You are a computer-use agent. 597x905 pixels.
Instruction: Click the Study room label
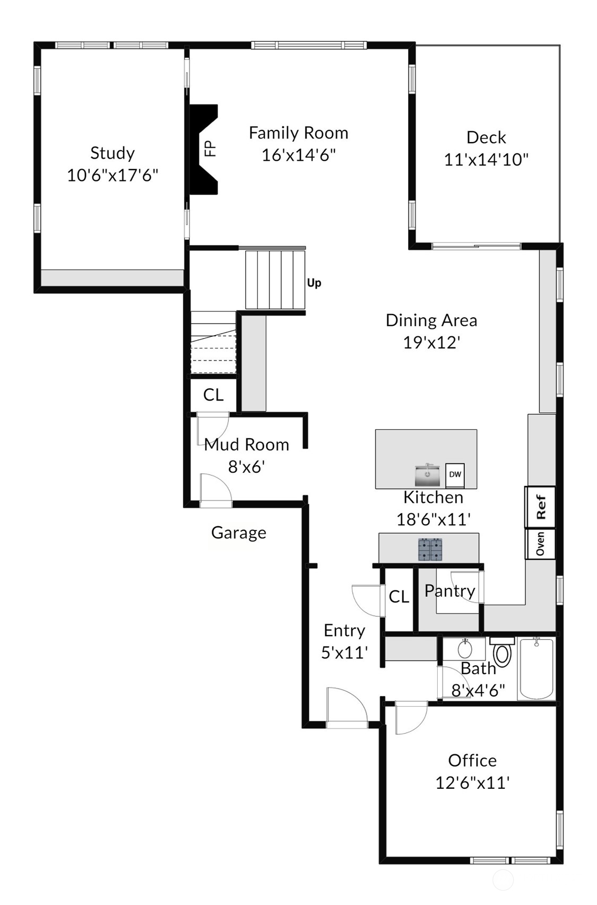tap(113, 153)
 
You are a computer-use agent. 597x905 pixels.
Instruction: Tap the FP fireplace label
tap(211, 149)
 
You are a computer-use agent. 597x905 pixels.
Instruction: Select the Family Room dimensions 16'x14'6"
tap(299, 155)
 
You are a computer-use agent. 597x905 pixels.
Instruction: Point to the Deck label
tap(486, 137)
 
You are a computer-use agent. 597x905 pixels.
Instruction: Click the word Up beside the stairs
tap(314, 283)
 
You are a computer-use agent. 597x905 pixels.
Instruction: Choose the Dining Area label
tap(431, 320)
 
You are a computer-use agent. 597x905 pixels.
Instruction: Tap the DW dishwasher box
tap(455, 475)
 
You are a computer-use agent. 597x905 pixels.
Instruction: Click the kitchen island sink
tap(427, 475)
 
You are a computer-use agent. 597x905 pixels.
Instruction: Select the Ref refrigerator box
tap(540, 507)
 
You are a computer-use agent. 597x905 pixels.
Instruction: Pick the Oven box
tap(540, 544)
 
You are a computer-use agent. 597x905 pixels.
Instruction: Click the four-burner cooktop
tap(430, 550)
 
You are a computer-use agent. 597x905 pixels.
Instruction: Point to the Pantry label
tap(450, 591)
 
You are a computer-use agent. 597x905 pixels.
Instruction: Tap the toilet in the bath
tap(503, 651)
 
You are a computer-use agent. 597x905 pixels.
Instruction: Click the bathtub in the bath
tap(537, 668)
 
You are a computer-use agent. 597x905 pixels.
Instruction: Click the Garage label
tap(238, 533)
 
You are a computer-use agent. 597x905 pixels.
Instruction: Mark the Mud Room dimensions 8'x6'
tap(247, 467)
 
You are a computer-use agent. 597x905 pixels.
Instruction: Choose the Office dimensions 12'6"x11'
tap(472, 783)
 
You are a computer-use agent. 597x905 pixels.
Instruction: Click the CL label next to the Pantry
tap(399, 596)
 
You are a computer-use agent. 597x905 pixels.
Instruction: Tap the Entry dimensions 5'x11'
tap(344, 652)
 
